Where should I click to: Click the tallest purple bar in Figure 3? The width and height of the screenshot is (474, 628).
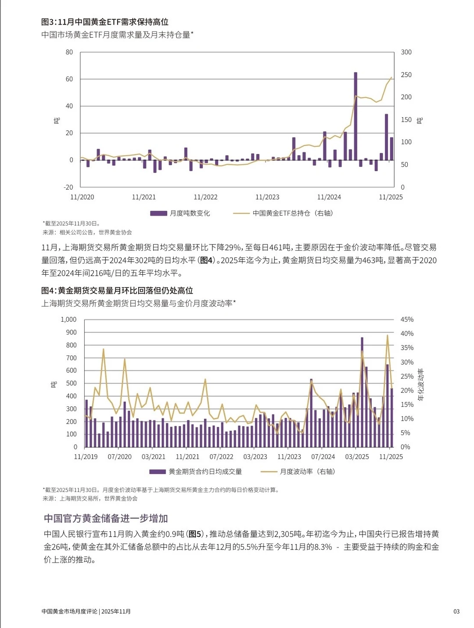tap(355, 116)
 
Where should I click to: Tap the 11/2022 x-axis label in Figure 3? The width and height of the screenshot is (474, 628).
tap(205, 197)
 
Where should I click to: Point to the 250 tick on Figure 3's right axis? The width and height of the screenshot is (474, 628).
tap(406, 75)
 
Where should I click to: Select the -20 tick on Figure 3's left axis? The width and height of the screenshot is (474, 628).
tap(68, 187)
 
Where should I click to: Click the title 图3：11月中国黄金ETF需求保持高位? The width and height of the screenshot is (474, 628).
tap(105, 22)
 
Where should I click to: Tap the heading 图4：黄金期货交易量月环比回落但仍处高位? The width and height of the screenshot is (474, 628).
tap(117, 291)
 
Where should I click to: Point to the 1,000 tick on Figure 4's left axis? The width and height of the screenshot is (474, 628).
tap(68, 319)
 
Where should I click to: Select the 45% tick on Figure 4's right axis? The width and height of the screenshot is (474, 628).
tap(407, 319)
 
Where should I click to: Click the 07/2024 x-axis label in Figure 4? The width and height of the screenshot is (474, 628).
tap(323, 457)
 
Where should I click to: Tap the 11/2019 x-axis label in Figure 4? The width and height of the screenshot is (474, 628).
tap(86, 457)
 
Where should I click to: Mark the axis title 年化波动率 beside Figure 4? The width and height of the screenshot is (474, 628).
tap(420, 384)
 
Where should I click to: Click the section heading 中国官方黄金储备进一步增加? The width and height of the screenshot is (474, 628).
tap(106, 518)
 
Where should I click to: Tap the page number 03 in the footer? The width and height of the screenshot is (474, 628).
tap(456, 611)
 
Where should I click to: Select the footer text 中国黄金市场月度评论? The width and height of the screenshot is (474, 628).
tap(69, 611)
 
